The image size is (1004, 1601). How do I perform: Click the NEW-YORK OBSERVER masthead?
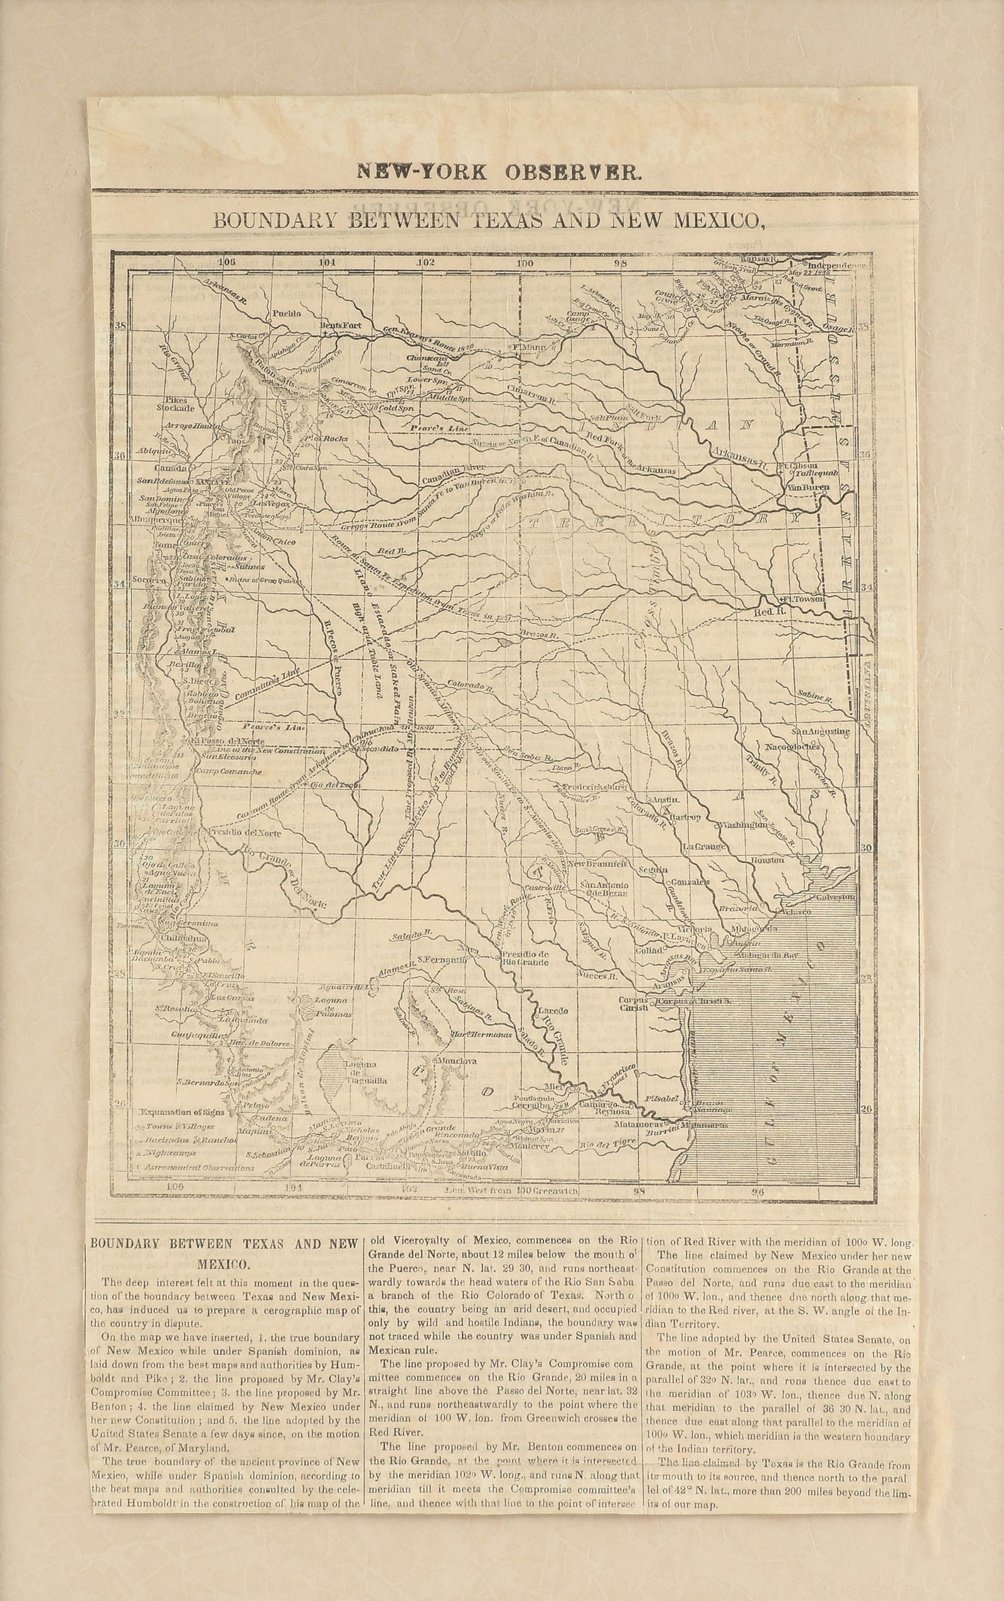click(499, 172)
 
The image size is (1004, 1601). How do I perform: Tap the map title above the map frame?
click(488, 220)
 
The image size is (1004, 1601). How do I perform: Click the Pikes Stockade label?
click(172, 404)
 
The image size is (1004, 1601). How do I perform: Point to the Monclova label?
click(457, 1061)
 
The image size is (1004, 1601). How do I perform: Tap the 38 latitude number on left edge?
click(121, 326)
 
